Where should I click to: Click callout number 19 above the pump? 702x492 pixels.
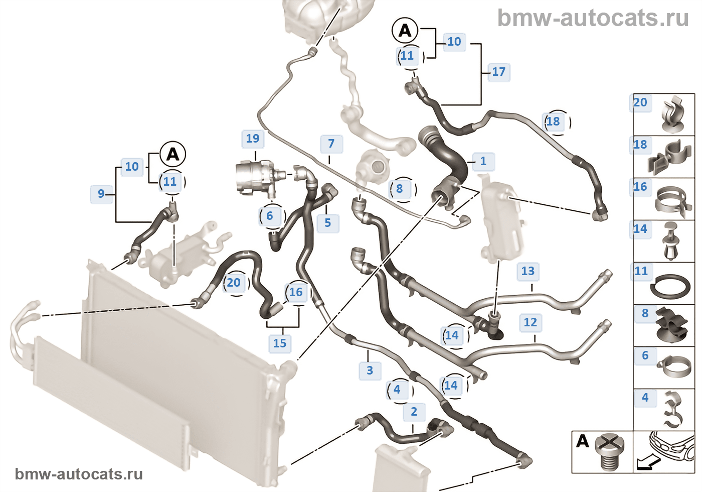point(253,139)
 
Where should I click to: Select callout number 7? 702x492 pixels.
point(331,144)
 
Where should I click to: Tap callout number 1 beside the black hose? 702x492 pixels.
point(483,161)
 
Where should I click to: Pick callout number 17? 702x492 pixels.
point(498,72)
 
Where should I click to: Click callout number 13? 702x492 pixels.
point(528,271)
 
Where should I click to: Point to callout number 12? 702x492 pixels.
point(530,322)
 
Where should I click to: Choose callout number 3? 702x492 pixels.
point(370,371)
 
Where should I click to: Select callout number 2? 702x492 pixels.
point(414,412)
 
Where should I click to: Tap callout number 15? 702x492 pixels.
point(279,343)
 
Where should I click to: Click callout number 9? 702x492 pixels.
point(101,194)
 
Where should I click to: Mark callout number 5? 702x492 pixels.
point(327,222)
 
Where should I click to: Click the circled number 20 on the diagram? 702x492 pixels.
point(234,283)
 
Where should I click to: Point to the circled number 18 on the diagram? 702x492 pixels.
point(553,121)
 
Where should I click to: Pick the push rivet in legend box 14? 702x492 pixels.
point(671,241)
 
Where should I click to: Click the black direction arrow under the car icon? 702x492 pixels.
point(645,463)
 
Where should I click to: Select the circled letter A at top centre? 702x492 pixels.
point(405,31)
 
